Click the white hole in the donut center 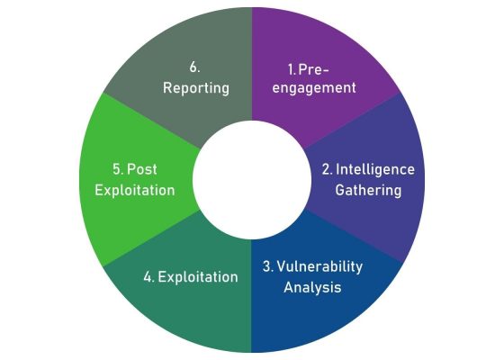251,179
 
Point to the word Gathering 368,191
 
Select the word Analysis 313,288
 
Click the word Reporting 196,88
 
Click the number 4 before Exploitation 148,277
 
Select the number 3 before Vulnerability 266,267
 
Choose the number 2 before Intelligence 327,169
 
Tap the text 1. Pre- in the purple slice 308,67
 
